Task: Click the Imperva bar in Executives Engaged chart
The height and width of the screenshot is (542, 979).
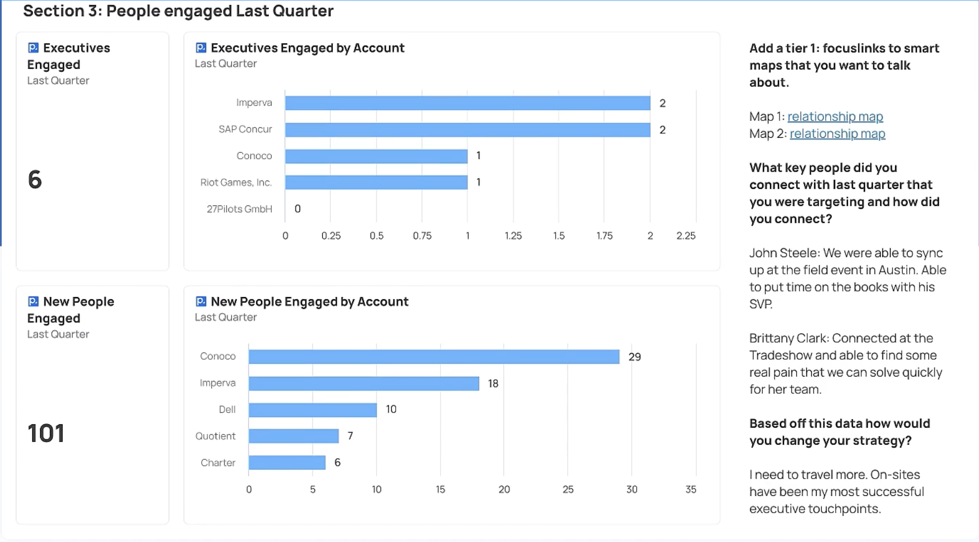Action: [x=467, y=103]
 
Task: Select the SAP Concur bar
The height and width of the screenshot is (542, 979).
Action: [x=467, y=129]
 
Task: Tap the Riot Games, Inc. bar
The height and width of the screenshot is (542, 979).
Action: [x=376, y=182]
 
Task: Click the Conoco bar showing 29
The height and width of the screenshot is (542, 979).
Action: [x=434, y=357]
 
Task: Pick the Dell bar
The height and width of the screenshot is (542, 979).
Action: [x=313, y=410]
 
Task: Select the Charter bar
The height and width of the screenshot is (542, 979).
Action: [x=287, y=463]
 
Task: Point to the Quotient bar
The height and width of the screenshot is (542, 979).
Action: [x=293, y=436]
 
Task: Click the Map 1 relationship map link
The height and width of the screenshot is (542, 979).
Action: [x=835, y=117]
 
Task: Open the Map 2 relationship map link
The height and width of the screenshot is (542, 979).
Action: [x=837, y=134]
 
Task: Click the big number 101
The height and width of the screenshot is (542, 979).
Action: [x=46, y=433]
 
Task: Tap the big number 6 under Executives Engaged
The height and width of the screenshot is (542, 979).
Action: [x=34, y=180]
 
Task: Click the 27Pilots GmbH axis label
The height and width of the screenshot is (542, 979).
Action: [x=239, y=209]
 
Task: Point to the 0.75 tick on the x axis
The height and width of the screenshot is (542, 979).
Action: [x=422, y=236]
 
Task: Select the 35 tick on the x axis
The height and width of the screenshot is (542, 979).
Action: [x=691, y=490]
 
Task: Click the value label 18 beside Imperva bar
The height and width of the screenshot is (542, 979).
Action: [x=493, y=384]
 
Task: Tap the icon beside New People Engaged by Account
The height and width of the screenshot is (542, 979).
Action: [x=201, y=302]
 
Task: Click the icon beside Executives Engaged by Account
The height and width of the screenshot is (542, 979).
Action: [x=201, y=48]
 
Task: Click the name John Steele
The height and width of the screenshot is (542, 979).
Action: [x=784, y=253]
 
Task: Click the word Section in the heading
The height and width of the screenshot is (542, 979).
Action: [x=53, y=11]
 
